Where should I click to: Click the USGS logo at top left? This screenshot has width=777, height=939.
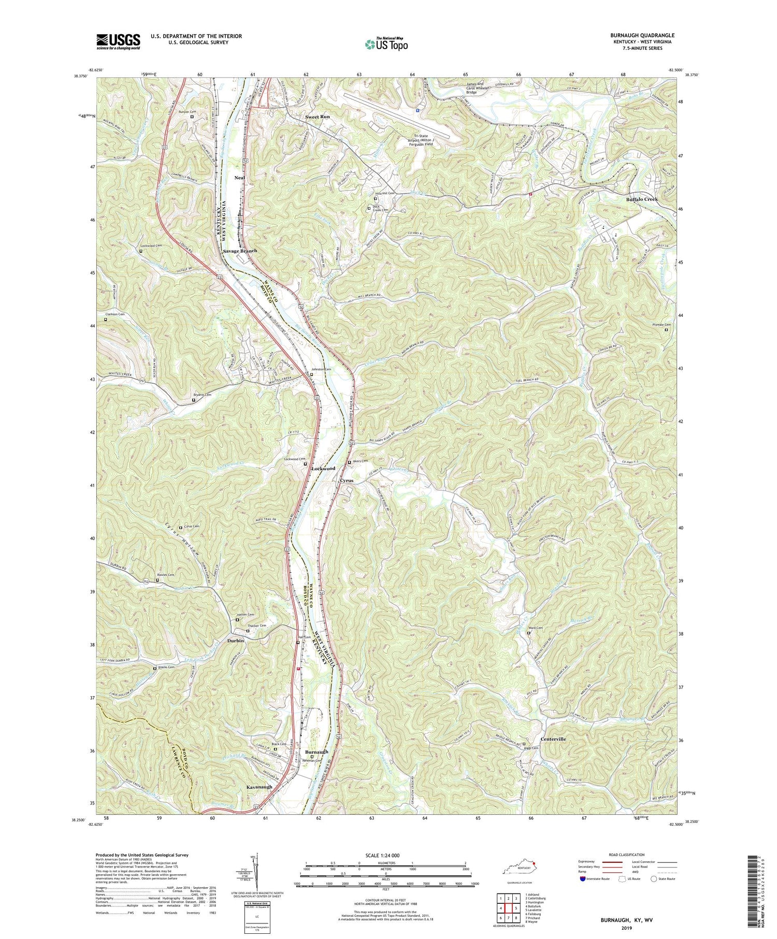pos(118,41)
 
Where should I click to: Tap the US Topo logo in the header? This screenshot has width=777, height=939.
pos(386,45)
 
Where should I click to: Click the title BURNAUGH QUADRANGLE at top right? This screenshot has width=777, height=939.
pos(642,36)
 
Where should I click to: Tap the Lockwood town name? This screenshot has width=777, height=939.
pos(323,468)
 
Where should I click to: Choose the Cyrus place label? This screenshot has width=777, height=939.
pos(347,481)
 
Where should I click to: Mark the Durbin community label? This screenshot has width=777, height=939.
pos(235,640)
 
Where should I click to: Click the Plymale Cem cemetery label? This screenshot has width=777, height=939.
pos(655,325)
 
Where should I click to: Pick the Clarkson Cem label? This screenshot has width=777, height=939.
pos(115,314)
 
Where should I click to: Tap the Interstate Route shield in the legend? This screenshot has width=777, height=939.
pos(583,879)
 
